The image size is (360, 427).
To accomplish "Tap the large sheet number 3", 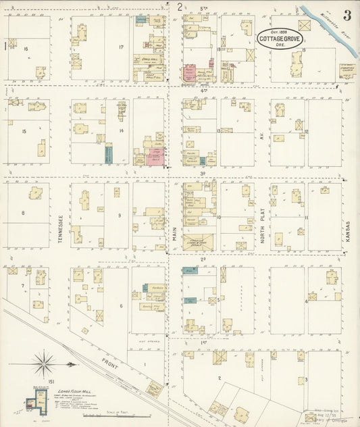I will pyautogui.click(x=346, y=15).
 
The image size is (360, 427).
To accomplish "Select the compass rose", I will pyautogui.click(x=45, y=365).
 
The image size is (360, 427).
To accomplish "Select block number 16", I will pyautogui.click(x=26, y=49).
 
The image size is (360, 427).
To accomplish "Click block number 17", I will pyautogui.click(x=120, y=47).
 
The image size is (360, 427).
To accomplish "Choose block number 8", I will pyautogui.click(x=23, y=213).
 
